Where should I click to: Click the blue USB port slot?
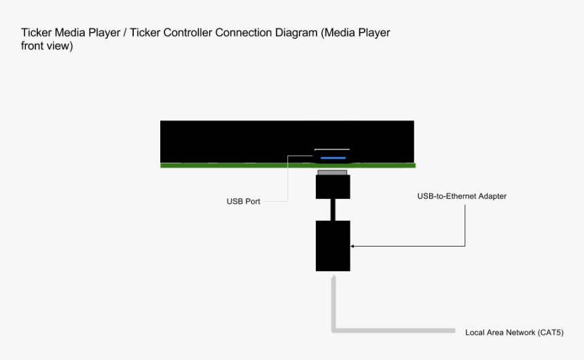click(333, 158)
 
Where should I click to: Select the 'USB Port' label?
click(243, 202)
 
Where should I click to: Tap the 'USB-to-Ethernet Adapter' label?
click(462, 196)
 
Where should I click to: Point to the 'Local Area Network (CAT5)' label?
click(514, 333)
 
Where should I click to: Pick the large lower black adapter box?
click(333, 245)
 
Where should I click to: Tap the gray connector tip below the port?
click(333, 173)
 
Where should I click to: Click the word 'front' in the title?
click(33, 46)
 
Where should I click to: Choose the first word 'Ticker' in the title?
click(37, 33)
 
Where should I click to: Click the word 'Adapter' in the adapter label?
click(492, 196)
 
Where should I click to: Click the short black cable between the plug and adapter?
click(333, 209)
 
